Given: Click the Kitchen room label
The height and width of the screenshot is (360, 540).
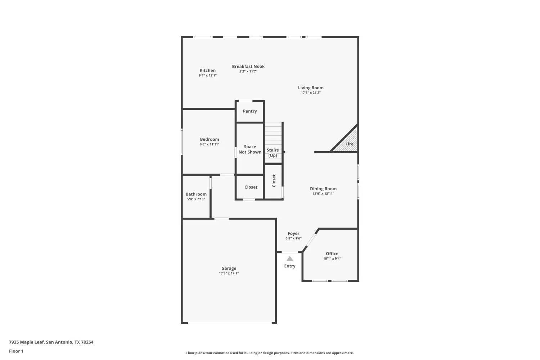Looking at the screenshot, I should coord(208,71).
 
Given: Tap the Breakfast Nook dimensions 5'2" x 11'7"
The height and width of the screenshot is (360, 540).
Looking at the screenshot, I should coord(248,72).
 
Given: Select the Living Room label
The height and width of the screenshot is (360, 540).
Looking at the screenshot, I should coord(311,88).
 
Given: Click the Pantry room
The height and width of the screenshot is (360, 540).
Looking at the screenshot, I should coord(250,111).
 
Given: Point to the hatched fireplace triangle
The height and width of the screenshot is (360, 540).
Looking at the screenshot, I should coord(348,143).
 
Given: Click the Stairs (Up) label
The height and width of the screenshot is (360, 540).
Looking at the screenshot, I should coord(273,153).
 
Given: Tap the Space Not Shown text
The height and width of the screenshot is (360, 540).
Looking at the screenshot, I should coord(250,149).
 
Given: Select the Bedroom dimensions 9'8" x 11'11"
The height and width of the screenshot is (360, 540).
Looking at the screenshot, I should coord(209,144).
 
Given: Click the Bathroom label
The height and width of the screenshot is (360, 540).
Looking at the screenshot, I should coord(196,194).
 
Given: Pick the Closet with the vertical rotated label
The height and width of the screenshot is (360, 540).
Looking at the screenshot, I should coord(274,181).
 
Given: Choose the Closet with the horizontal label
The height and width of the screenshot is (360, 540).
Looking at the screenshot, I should coord(251,187).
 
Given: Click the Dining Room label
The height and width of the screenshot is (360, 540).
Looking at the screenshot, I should coord(323,189).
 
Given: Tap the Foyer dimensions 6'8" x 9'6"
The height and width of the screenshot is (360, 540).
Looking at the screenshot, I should coord(293,238).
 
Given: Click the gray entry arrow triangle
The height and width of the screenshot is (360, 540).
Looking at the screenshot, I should coord(290,258).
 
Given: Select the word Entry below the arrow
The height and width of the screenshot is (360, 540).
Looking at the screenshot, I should coord(290,266).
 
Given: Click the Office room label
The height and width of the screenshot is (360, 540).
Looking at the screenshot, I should coord(332,254).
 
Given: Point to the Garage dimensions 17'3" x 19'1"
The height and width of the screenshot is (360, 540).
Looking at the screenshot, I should coord(229,273).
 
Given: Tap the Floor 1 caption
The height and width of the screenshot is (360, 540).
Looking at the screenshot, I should coord(16,351).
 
